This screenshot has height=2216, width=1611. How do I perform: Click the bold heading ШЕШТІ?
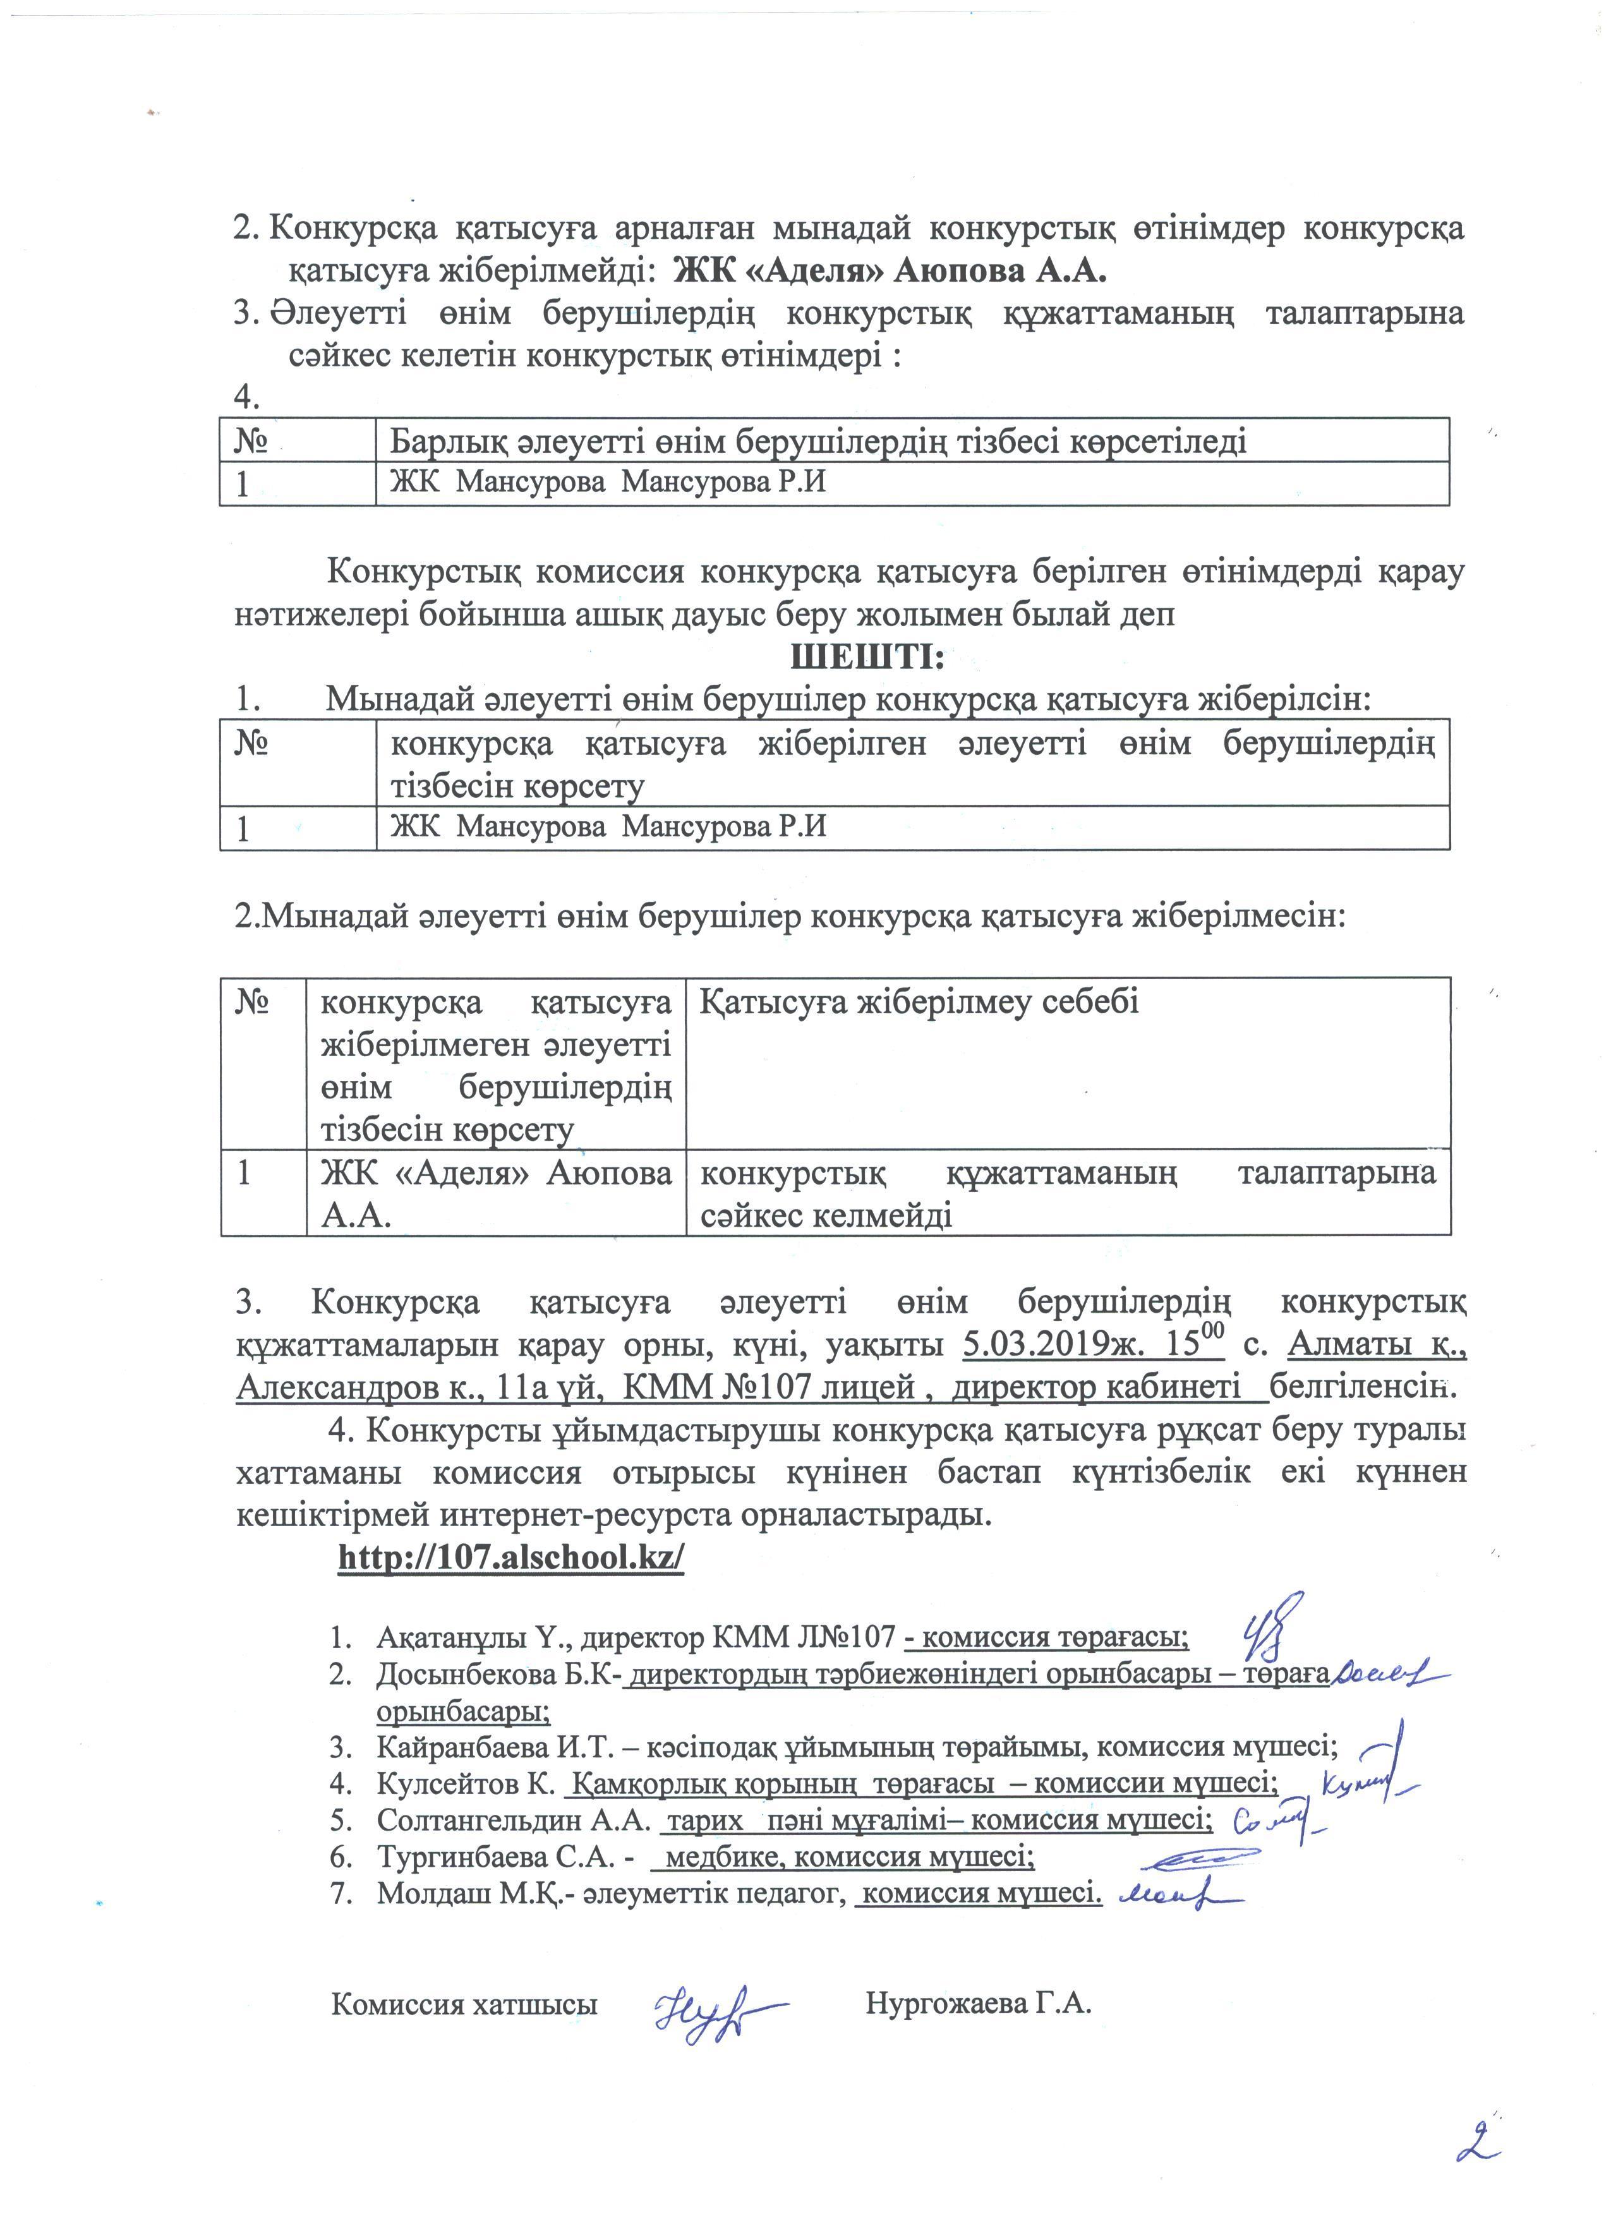(x=867, y=656)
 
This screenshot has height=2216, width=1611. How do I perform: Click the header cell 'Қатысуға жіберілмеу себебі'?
(x=919, y=1003)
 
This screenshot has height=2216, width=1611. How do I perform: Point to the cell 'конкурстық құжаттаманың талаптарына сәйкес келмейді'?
(x=1067, y=1193)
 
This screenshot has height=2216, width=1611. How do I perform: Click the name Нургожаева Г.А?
(x=978, y=2004)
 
